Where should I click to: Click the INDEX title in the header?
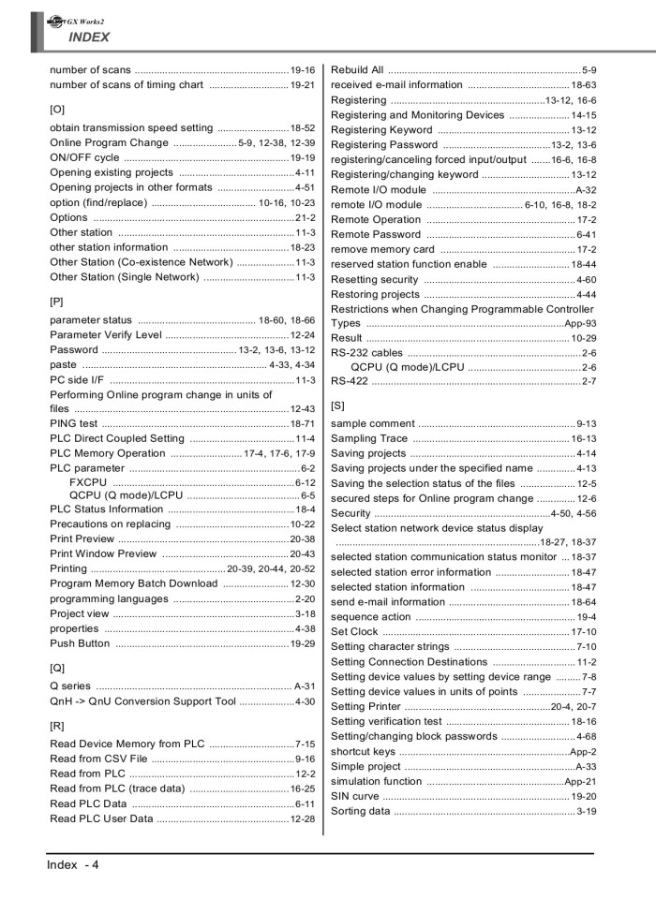88,37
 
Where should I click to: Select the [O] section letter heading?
56,109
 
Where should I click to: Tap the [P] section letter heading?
56,302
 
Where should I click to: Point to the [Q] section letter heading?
56,668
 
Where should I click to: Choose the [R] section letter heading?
56,725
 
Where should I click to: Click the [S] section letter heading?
338,405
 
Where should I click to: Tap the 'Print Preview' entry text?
82,539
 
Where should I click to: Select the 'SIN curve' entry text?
355,796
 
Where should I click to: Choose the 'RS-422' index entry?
350,381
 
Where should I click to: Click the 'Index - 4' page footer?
73,864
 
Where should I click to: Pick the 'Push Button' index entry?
80,643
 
